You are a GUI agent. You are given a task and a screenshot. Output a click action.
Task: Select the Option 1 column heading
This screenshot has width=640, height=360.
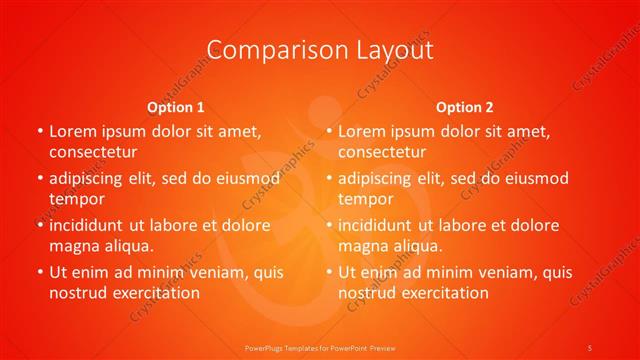pos(176,106)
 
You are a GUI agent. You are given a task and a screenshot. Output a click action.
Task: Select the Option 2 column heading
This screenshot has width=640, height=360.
pos(465,106)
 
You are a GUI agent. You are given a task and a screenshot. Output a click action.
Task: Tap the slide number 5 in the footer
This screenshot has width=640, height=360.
pos(590,347)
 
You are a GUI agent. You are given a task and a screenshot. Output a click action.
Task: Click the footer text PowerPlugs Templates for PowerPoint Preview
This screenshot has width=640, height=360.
pos(319,347)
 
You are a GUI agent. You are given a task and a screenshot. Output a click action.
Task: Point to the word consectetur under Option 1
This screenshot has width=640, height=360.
pos(93,152)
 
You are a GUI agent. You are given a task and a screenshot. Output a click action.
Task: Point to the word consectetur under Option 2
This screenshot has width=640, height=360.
pos(382,152)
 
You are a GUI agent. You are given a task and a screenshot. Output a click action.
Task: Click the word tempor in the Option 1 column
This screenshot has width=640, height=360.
pos(77,199)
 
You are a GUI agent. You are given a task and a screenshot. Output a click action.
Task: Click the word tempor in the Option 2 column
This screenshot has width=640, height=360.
pos(366,199)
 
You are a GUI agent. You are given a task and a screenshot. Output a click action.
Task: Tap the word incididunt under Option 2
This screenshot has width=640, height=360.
pos(380,225)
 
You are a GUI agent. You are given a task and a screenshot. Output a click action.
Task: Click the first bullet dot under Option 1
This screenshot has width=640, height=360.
pos(39,131)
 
